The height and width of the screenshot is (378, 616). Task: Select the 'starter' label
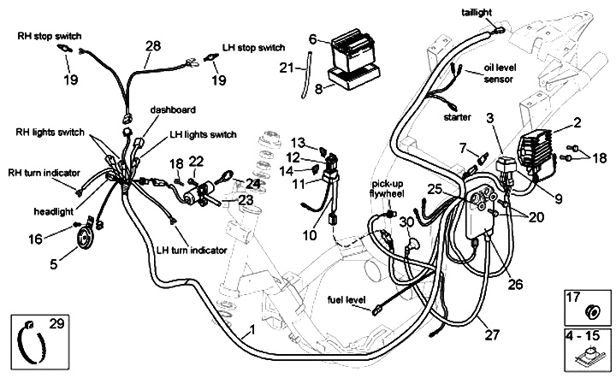458,116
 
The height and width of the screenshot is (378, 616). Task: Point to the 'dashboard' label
173,110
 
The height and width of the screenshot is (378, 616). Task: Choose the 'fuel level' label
346,300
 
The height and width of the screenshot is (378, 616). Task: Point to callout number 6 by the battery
313,38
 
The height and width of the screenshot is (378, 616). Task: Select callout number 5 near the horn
54,265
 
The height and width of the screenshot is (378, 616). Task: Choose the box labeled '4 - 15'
585,351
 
